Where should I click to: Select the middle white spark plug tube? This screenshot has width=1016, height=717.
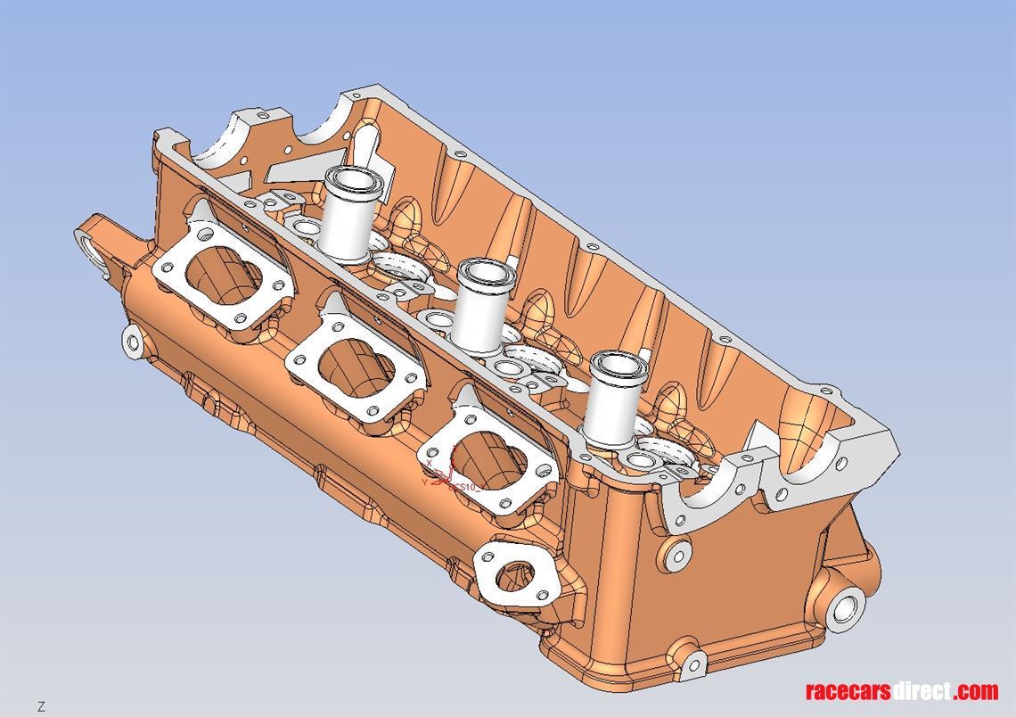tap(482, 303)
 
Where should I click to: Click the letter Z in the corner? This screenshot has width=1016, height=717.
tap(41, 706)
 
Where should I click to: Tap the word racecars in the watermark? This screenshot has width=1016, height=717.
tap(848, 691)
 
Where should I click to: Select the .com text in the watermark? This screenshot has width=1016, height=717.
tap(975, 691)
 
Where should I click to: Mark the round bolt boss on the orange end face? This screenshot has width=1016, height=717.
tap(677, 555)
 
